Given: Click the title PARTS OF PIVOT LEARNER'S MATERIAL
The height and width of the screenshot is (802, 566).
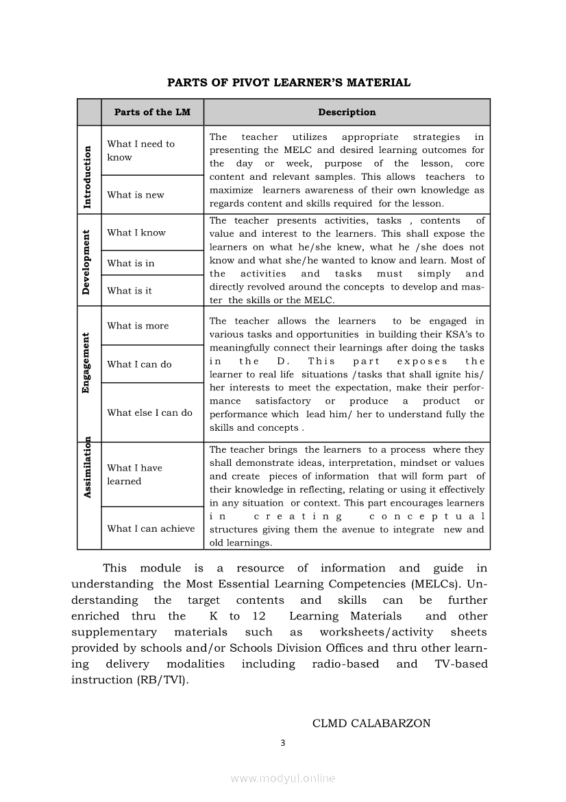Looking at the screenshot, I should (288, 83).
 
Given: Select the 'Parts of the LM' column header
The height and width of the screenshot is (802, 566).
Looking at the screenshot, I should (152, 113).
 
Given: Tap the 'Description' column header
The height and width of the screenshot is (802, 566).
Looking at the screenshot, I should (347, 113).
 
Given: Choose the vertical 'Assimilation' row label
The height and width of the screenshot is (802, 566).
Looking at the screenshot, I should (88, 467).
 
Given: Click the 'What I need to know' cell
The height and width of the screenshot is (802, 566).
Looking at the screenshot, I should (140, 150).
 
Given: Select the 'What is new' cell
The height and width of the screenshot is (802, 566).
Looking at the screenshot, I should (136, 195).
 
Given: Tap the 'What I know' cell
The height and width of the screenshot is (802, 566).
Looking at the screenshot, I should (136, 233).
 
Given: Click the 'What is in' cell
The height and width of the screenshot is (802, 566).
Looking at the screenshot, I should (131, 263).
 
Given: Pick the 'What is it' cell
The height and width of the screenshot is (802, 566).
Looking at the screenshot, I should (130, 291).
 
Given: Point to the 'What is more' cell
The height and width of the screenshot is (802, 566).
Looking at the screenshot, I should (138, 326).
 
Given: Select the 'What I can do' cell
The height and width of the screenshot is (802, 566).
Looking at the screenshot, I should (139, 364).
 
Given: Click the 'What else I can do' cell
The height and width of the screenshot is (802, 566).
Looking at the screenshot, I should (149, 413).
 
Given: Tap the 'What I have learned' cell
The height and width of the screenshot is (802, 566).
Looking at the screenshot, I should (135, 475).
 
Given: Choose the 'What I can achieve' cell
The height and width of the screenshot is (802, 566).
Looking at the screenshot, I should (151, 529).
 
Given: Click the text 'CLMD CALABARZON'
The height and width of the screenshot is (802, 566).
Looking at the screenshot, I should (371, 723).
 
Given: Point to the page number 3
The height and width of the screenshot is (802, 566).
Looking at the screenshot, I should (282, 743).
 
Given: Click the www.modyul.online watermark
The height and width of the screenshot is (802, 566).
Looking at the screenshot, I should (283, 779).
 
